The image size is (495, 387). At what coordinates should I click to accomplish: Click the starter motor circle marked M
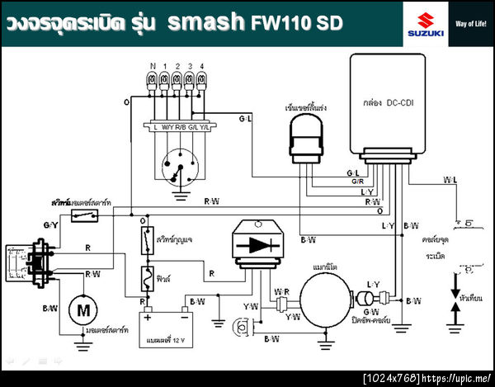pos(82,310)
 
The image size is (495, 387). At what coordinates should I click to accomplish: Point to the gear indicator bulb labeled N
pos(153,80)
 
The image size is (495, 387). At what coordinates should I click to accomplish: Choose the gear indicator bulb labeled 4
pos(203,80)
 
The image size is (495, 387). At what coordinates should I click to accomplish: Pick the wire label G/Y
pos(49,225)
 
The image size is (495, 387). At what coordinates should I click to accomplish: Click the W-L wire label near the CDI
pos(450,179)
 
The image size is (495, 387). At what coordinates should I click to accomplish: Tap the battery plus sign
pos(149,317)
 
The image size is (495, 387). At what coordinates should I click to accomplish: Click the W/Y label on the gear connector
pos(167,127)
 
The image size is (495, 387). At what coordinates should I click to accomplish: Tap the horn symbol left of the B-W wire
pos(242,329)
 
